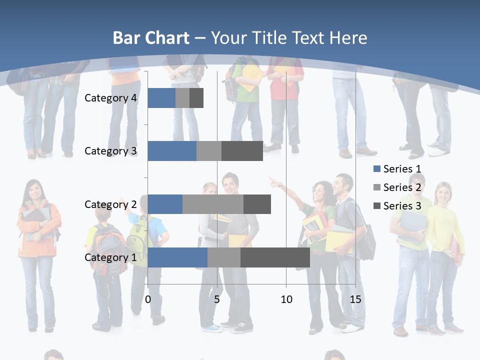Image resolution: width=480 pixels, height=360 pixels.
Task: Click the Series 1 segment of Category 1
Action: coord(177,257)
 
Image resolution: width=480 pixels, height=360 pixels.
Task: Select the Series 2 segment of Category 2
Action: coord(213,204)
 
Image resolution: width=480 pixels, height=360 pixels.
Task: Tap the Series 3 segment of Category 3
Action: coord(242,151)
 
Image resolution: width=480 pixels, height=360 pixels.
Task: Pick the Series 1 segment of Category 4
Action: coord(161,98)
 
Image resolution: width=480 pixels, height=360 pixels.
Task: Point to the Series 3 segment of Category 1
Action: coord(275,257)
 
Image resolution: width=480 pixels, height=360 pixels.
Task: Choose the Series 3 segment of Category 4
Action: coord(196,98)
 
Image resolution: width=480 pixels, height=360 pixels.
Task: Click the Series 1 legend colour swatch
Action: coord(376,169)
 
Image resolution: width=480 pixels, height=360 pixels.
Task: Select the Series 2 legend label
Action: coord(402,187)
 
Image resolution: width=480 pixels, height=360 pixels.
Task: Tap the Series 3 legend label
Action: coord(402,206)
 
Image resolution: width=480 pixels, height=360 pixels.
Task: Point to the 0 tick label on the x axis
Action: coord(148,300)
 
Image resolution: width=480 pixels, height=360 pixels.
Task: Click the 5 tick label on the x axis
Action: coord(217,300)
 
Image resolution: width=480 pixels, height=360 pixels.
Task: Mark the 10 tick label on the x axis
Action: coord(286,300)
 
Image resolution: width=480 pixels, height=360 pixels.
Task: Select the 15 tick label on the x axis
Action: coord(355,300)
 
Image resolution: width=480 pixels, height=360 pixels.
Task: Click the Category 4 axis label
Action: coord(110,98)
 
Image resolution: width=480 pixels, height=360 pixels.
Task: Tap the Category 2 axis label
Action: coord(110,204)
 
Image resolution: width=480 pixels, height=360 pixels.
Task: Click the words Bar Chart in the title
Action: coord(151,38)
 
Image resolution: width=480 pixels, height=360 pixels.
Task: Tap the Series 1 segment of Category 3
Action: coord(172,151)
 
